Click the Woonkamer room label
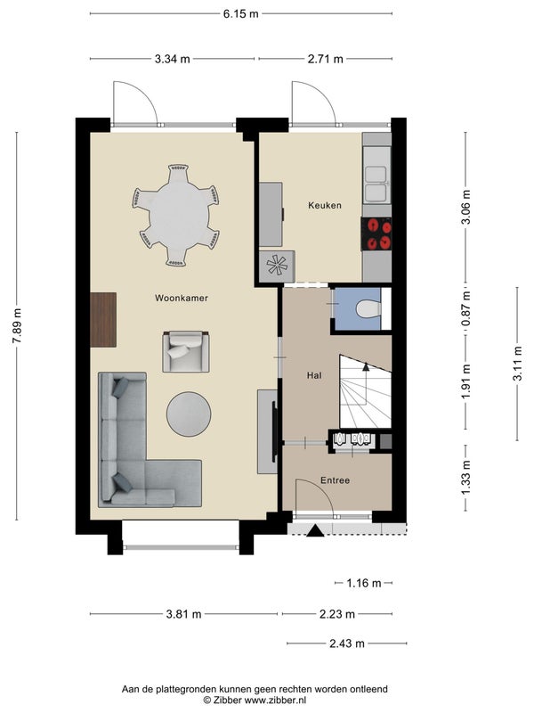pyautogui.click(x=182, y=299)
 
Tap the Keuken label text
pyautogui.click(x=325, y=206)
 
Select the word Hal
pyautogui.click(x=314, y=375)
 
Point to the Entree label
pyautogui.click(x=336, y=480)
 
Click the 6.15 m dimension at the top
pyautogui.click(x=240, y=14)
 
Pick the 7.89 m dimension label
pyautogui.click(x=17, y=326)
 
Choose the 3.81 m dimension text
pyautogui.click(x=183, y=614)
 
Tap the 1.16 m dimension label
pyautogui.click(x=364, y=583)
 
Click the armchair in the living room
pyautogui.click(x=186, y=351)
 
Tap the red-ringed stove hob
pyautogui.click(x=376, y=234)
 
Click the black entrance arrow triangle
pyautogui.click(x=315, y=531)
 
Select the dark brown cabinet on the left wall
pyautogui.click(x=103, y=320)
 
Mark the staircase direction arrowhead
pyautogui.click(x=366, y=367)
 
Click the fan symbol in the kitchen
pyautogui.click(x=277, y=266)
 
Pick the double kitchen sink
pyautogui.click(x=376, y=184)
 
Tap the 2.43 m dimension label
pyautogui.click(x=347, y=643)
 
